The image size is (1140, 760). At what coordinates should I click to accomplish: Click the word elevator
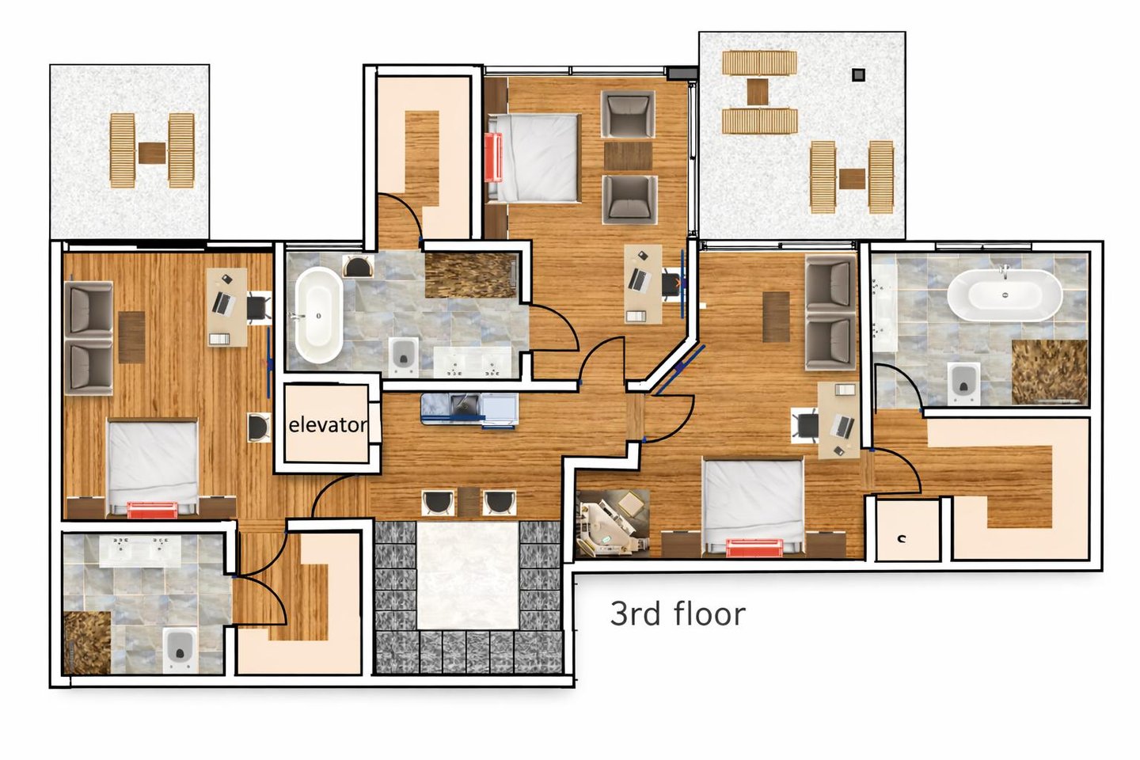(328, 424)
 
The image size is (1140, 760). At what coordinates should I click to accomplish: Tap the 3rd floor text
(678, 614)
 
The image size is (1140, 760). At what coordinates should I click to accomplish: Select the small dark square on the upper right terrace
(858, 75)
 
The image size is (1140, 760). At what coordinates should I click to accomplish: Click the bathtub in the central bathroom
(318, 316)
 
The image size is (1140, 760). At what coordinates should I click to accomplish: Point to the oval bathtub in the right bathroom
(1005, 295)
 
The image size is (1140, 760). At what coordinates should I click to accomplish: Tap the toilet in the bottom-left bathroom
(180, 651)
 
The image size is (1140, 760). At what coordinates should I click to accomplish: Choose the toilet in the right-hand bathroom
(963, 384)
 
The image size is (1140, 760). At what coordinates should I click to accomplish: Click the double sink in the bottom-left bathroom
(140, 550)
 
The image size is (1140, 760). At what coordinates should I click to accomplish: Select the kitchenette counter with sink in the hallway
(469, 409)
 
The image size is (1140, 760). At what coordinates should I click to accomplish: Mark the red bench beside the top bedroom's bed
(493, 158)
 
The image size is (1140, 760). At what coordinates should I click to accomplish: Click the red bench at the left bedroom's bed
(152, 510)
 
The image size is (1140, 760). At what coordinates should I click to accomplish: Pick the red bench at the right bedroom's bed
(754, 549)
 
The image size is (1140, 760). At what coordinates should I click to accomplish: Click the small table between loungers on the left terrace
(152, 153)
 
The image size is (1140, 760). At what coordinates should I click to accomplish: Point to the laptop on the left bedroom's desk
(222, 303)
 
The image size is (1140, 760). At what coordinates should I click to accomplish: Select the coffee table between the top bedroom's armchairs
(628, 156)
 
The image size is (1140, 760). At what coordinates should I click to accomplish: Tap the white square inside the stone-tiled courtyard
(468, 576)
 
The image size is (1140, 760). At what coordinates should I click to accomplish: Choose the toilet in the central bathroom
(404, 357)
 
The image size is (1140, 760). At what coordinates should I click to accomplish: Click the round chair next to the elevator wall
(259, 427)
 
